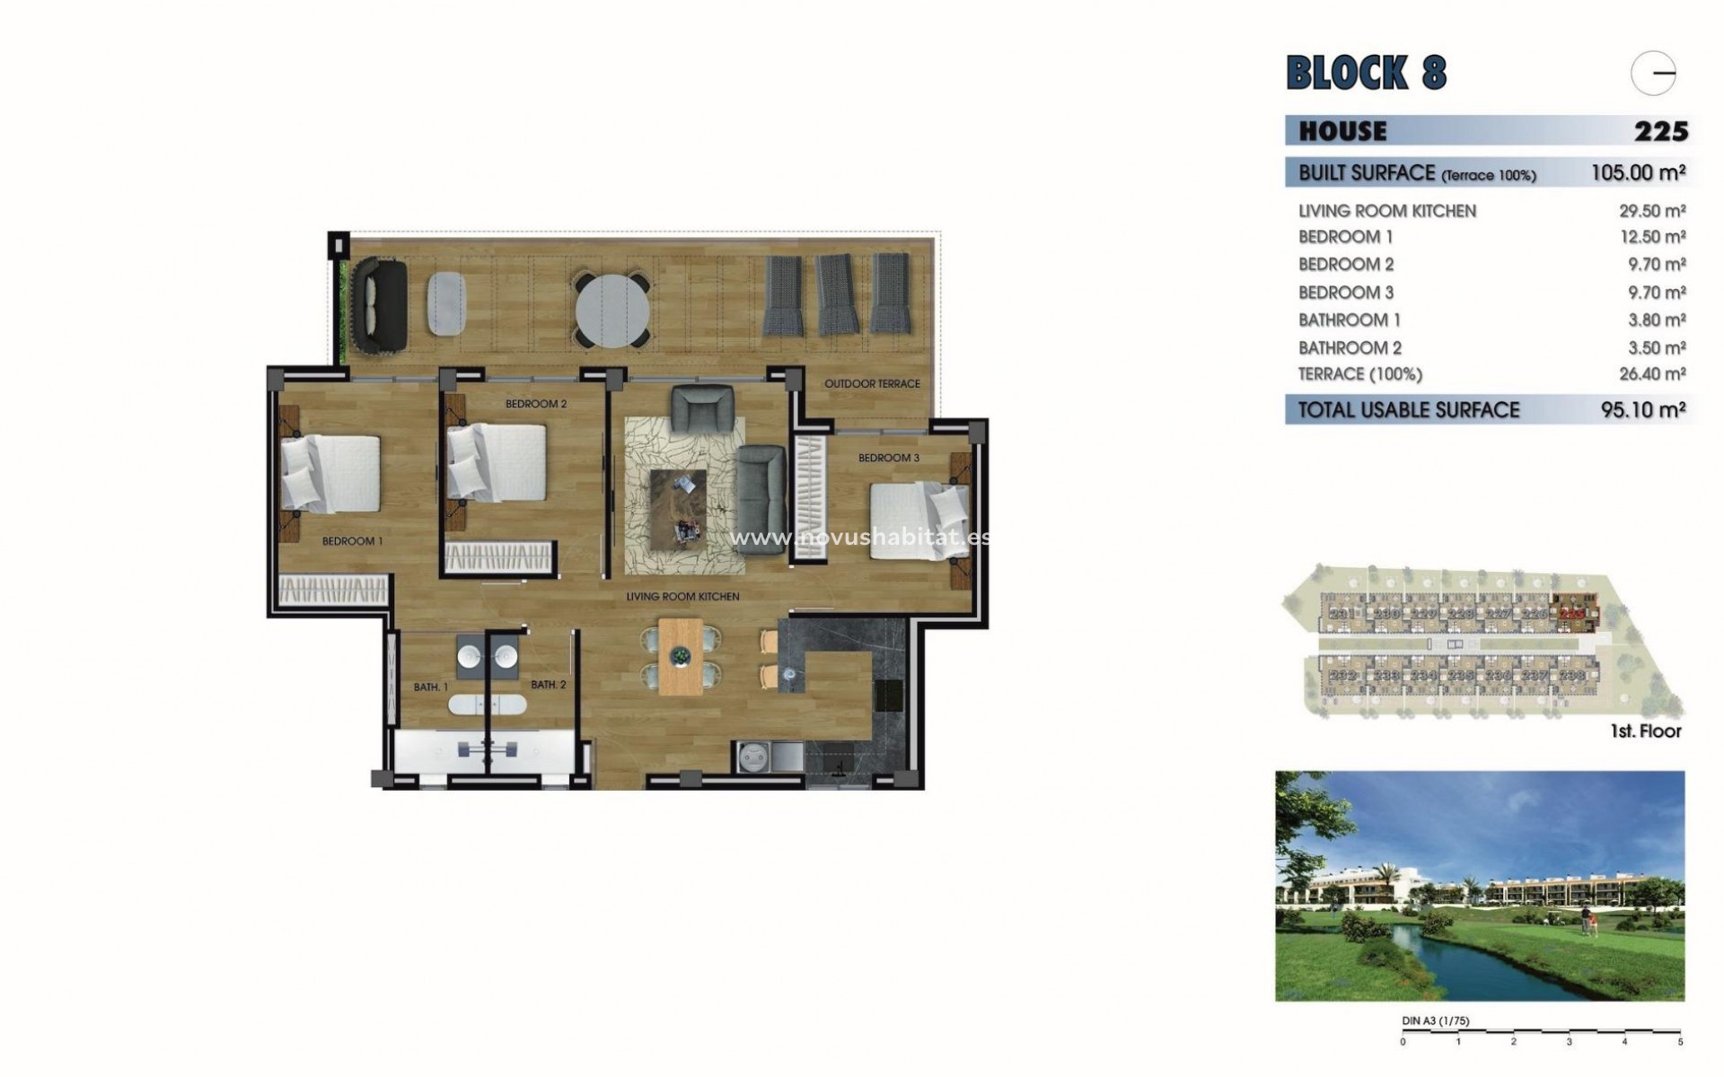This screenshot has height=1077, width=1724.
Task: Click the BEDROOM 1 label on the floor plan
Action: coord(352,541)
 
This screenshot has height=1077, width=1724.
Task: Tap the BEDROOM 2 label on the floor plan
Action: coord(536,404)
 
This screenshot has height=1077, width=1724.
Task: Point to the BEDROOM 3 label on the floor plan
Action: coord(888,458)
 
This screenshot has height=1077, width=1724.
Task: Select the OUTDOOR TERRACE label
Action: coord(872,383)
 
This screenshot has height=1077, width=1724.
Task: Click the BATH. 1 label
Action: coord(430,687)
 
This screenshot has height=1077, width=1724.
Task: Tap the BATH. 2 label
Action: coord(548,685)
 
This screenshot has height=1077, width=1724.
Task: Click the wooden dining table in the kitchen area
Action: coord(680,656)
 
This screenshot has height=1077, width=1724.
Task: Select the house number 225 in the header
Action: coord(1660,131)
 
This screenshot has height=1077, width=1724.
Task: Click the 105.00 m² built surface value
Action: coord(1638,172)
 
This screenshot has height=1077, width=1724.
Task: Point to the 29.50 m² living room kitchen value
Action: coord(1651,211)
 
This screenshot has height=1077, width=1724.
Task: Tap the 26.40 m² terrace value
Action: coord(1651,374)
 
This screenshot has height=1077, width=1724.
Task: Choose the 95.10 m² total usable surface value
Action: coord(1642,410)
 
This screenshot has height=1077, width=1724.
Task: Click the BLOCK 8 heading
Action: coord(1366,73)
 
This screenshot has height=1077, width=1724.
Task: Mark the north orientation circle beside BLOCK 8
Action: coord(1654,73)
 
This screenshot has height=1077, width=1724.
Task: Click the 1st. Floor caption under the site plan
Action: coord(1645,731)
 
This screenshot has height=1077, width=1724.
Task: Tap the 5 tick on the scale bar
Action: coord(1681,1042)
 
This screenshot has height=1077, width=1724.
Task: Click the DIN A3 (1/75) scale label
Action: coord(1435,1021)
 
